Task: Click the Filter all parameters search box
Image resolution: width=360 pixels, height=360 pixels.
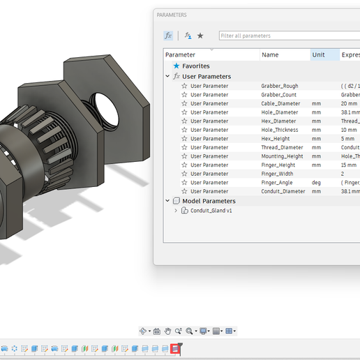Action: click(286, 36)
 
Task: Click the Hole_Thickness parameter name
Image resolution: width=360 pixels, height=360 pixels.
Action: click(279, 130)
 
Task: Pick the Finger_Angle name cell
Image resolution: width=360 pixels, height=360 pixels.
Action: click(278, 183)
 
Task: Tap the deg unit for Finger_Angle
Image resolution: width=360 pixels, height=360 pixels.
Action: click(317, 183)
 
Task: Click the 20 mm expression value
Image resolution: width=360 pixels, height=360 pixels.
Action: click(349, 104)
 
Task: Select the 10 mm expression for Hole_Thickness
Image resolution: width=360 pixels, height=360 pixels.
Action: click(350, 130)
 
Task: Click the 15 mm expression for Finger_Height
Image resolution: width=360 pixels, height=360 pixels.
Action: click(350, 165)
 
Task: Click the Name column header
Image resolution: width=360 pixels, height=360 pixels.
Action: click(270, 54)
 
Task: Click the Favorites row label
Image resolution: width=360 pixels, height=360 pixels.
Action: click(196, 66)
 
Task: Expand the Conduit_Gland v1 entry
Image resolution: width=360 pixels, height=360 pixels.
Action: click(176, 210)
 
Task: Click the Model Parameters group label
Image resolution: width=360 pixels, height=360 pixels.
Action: click(209, 201)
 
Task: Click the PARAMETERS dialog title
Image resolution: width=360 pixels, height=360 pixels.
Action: click(172, 15)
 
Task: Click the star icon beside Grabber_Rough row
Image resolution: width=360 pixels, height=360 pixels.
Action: click(184, 87)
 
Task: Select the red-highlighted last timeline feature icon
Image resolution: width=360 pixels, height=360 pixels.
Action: click(176, 348)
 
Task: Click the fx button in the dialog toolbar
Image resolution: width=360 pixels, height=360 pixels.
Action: click(168, 36)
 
